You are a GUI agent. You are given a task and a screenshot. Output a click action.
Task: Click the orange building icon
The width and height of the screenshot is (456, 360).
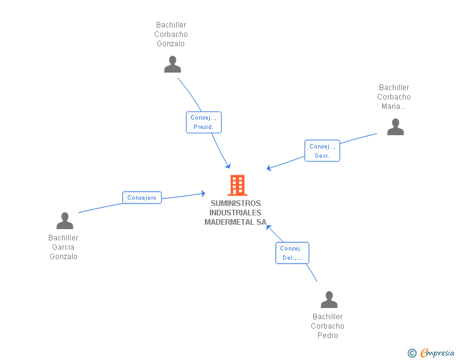(x=237, y=185)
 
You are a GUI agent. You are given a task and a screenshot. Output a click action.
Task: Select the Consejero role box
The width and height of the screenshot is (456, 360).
(x=142, y=197)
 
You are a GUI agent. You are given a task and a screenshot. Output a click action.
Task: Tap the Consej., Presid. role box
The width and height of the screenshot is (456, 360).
(x=204, y=123)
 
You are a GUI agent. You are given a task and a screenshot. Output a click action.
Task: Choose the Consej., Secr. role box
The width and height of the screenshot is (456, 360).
(x=322, y=151)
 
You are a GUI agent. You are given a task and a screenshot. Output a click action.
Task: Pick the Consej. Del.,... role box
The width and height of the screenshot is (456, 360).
(x=293, y=253)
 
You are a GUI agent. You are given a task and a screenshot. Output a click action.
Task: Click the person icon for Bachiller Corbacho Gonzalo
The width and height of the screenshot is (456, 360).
(x=172, y=64)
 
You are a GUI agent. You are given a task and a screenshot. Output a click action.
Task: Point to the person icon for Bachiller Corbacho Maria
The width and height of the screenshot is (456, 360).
(x=395, y=127)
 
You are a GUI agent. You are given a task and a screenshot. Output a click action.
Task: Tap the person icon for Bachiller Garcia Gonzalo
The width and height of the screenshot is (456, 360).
(x=65, y=221)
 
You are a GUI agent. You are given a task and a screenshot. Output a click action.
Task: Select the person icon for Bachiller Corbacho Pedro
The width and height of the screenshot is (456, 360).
(x=329, y=299)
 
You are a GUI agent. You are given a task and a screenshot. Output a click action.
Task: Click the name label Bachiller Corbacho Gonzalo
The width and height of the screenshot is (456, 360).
(x=171, y=34)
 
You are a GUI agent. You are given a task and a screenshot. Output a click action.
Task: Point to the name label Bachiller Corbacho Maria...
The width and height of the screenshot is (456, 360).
(x=394, y=97)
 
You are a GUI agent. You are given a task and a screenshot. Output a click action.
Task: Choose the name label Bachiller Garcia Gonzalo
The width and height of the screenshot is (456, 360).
(x=63, y=247)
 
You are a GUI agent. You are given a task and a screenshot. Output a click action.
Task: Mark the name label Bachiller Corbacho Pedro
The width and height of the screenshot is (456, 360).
(x=328, y=326)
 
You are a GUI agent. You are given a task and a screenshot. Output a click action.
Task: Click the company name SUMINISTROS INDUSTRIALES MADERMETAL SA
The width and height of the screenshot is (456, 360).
(x=236, y=213)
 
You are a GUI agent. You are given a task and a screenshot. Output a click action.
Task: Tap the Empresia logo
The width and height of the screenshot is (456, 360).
(x=437, y=353)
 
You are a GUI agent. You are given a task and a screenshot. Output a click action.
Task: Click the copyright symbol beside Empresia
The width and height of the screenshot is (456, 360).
(x=412, y=353)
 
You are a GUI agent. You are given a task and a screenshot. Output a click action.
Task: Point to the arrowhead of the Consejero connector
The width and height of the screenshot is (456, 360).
(x=204, y=193)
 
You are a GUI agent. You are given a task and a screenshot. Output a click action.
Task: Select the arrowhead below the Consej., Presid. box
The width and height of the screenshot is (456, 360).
(x=228, y=166)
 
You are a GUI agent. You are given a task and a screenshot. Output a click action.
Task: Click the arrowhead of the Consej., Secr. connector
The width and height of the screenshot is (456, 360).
(x=269, y=168)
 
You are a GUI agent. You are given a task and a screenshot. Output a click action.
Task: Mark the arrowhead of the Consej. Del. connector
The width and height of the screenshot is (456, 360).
(x=269, y=227)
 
